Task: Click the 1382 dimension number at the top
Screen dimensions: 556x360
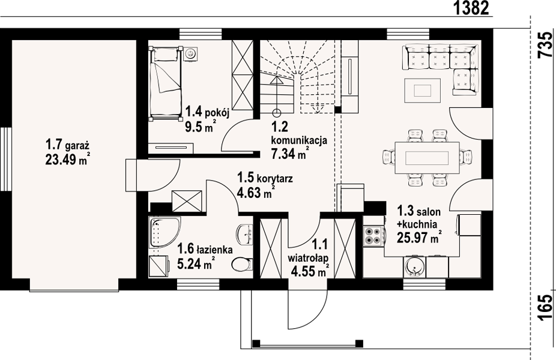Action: click(x=471, y=8)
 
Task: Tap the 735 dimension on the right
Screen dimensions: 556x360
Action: click(x=545, y=45)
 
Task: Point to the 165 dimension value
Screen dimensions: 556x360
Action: click(x=545, y=307)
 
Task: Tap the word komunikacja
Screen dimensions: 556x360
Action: click(x=299, y=140)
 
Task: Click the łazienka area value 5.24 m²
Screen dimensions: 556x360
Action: click(x=196, y=263)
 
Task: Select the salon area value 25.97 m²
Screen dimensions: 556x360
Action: click(x=419, y=238)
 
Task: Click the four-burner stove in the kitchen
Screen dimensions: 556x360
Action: click(x=373, y=236)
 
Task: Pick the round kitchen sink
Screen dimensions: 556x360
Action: click(x=414, y=266)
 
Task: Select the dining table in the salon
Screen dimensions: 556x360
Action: click(x=427, y=158)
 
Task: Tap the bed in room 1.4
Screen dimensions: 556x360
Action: click(x=165, y=84)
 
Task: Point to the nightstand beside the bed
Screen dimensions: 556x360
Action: click(x=190, y=54)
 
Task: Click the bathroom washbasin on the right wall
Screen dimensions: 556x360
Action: click(x=245, y=234)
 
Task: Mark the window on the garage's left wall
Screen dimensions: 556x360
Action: click(x=5, y=159)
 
